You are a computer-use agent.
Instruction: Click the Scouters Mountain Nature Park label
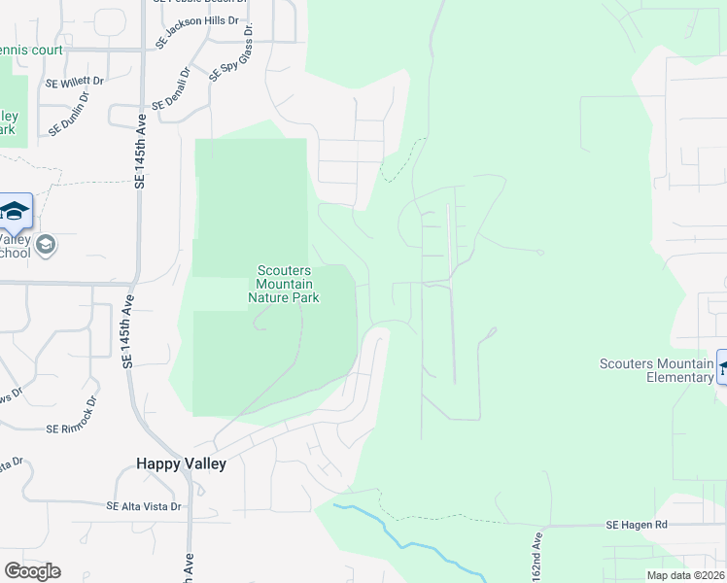(284, 284)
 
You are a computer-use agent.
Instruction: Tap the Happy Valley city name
(182, 464)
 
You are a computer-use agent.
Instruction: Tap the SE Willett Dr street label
(74, 82)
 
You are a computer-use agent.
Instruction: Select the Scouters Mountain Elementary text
(656, 370)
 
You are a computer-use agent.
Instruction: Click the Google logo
(32, 570)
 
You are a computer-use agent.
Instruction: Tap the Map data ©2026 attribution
(684, 575)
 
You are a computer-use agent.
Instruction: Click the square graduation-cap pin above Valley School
(15, 211)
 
